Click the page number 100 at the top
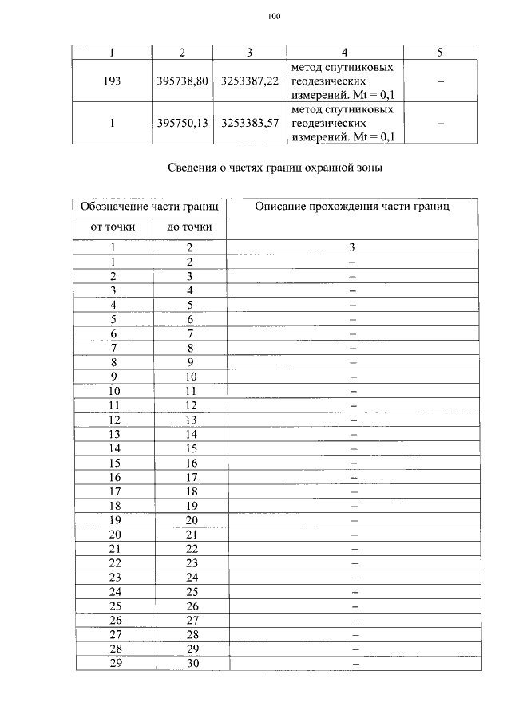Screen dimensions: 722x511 (x=274, y=16)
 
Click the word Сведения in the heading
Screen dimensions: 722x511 (x=192, y=168)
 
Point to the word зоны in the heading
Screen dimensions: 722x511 (x=366, y=168)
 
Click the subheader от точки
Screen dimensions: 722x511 (x=113, y=228)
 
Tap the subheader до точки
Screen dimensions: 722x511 (x=190, y=228)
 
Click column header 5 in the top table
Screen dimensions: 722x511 (x=440, y=53)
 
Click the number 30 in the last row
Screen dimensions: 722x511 (x=190, y=664)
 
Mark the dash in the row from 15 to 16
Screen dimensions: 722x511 (x=353, y=463)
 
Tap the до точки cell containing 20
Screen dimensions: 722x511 (x=190, y=520)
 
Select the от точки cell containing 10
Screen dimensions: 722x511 (x=114, y=391)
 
